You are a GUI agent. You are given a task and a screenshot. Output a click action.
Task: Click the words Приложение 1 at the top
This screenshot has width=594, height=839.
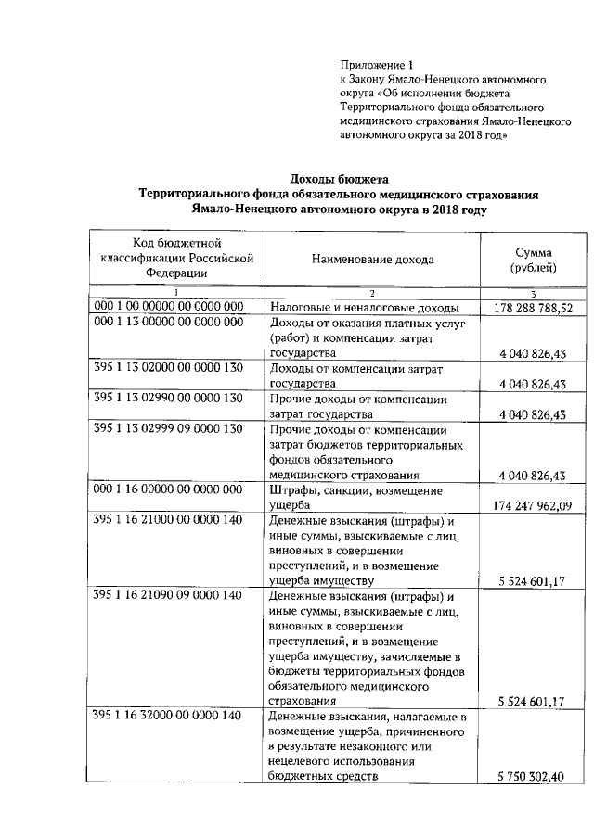pos(375,65)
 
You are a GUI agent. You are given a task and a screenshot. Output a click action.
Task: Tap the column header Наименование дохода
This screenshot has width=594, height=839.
pos(372,260)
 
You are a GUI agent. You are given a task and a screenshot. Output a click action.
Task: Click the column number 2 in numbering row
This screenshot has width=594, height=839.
pos(372,293)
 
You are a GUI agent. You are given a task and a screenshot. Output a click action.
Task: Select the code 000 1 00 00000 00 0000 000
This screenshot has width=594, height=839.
pos(168,306)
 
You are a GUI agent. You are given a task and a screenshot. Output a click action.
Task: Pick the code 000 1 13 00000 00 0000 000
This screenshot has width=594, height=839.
pos(168,323)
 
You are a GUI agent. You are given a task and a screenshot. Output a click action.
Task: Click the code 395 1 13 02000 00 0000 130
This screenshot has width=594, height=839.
pos(168,368)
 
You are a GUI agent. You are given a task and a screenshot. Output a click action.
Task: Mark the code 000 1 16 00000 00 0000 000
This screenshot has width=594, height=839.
pos(168,489)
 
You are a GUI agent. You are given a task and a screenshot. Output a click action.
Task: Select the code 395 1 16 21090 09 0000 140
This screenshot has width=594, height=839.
pos(168,594)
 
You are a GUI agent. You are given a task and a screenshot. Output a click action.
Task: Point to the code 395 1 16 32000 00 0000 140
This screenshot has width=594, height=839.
pos(168,716)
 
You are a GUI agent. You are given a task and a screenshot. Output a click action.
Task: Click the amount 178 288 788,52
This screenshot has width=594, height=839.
pos(534,308)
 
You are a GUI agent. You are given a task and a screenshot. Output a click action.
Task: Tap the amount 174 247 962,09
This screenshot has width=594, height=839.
pos(534,504)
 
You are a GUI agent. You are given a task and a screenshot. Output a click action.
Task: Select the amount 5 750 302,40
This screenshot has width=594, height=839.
pos(532,776)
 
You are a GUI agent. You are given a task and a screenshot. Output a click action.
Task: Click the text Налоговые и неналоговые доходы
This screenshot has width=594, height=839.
pos(364,308)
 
